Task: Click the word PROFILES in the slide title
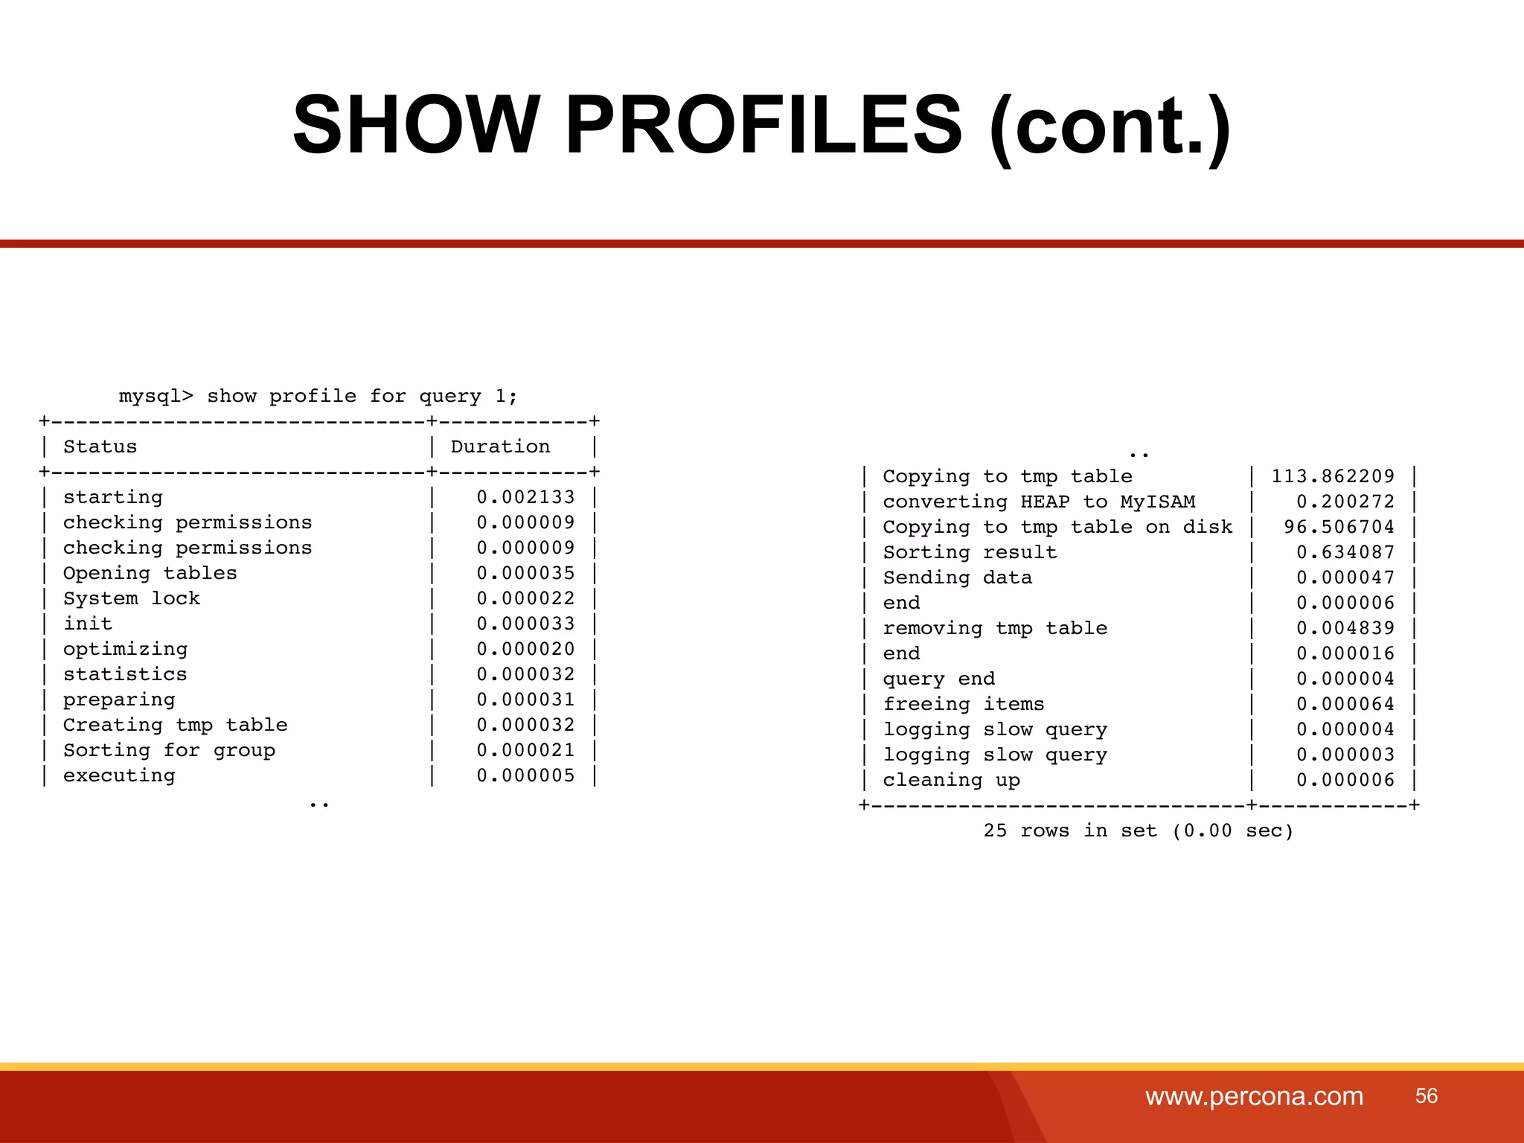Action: click(763, 124)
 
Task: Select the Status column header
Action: click(100, 446)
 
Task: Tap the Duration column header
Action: click(500, 446)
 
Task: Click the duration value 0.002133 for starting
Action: click(525, 497)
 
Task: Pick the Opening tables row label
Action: click(150, 573)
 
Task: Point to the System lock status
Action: click(132, 598)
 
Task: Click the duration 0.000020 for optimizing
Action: click(525, 649)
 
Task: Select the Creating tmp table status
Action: click(175, 725)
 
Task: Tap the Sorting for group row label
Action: click(169, 750)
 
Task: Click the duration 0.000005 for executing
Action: click(525, 775)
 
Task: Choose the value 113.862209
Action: click(1332, 476)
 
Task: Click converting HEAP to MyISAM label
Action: click(1039, 502)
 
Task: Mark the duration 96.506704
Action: click(1338, 527)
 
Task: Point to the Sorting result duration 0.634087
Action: click(1345, 552)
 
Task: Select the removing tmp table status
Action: click(995, 628)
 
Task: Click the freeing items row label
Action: click(964, 704)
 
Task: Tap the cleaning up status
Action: click(951, 780)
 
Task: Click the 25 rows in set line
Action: click(1139, 830)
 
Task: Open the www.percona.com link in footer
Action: click(1254, 1096)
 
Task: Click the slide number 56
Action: click(1426, 1095)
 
